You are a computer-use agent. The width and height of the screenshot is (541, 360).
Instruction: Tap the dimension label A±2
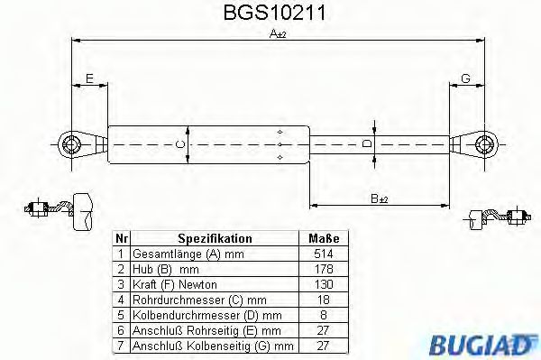(x=278, y=35)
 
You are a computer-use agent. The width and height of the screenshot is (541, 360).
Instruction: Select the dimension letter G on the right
(x=465, y=79)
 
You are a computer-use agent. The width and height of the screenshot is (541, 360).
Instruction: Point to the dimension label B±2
(x=380, y=198)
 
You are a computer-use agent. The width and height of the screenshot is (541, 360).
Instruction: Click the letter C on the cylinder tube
(x=179, y=143)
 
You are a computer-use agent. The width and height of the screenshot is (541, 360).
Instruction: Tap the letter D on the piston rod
(x=365, y=143)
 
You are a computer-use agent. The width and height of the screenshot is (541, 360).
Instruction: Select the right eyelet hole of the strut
(x=485, y=143)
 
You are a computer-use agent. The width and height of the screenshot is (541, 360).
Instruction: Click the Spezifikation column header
(x=215, y=238)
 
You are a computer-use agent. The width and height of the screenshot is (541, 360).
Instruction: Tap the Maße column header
(x=323, y=238)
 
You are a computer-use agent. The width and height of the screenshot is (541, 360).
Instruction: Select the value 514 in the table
(x=323, y=254)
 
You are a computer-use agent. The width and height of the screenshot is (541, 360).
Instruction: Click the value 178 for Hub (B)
(x=323, y=270)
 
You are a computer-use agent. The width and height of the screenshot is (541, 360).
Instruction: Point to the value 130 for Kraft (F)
(x=323, y=285)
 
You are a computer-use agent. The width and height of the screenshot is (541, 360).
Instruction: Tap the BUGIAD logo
(x=492, y=341)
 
